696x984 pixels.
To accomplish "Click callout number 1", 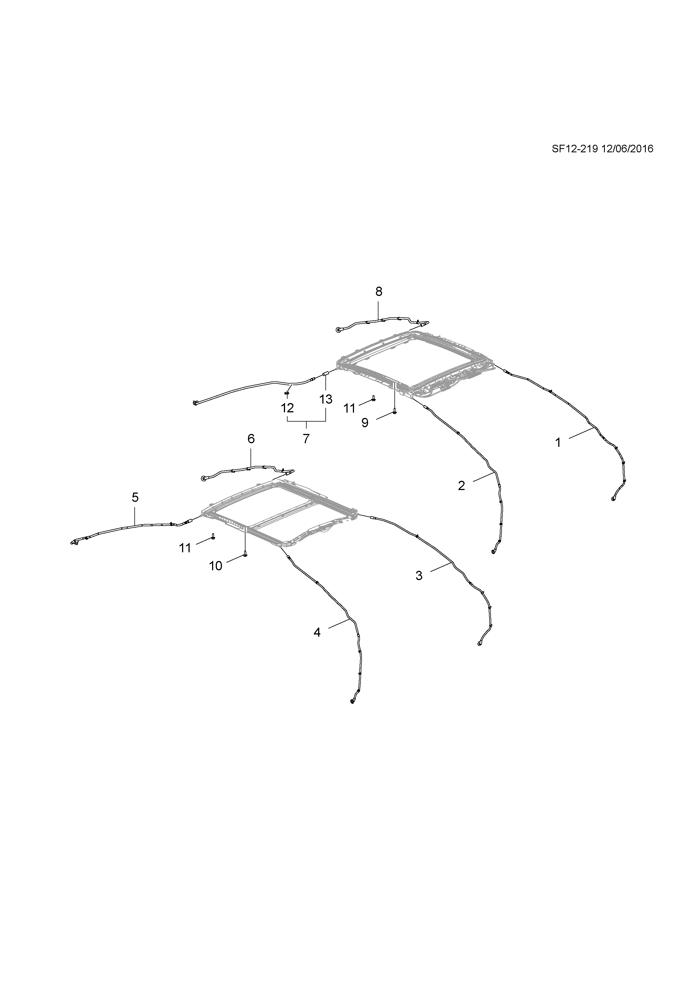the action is pyautogui.click(x=558, y=443).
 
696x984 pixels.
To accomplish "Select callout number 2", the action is pyautogui.click(x=461, y=486).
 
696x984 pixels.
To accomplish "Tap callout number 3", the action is pyautogui.click(x=419, y=576).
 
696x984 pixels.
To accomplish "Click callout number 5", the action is pyautogui.click(x=135, y=498).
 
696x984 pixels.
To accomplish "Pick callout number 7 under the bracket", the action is pyautogui.click(x=306, y=439).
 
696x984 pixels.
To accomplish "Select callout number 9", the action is pyautogui.click(x=365, y=423).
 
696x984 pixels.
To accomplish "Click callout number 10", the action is pyautogui.click(x=215, y=566).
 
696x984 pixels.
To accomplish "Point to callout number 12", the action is pyautogui.click(x=288, y=408).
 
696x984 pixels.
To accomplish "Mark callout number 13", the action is pyautogui.click(x=326, y=399).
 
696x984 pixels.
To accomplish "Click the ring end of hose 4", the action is pyautogui.click(x=352, y=701).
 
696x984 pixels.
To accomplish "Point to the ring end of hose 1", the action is pyautogui.click(x=613, y=498).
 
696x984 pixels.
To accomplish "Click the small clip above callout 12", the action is pyautogui.click(x=287, y=393).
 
